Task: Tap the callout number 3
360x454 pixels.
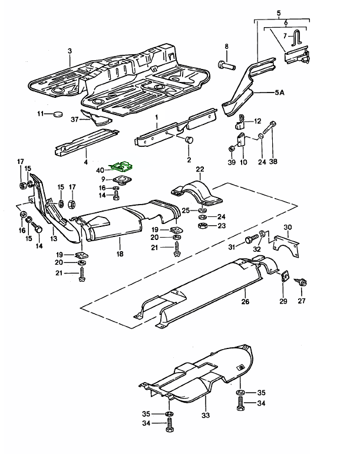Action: tap(69, 51)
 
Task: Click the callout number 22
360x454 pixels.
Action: tap(200, 169)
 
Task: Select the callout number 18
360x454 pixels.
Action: tap(120, 254)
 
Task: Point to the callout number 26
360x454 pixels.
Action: tap(245, 302)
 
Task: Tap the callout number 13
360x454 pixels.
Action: tap(54, 239)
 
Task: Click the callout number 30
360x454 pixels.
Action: tap(288, 228)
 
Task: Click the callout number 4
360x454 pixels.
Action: tap(85, 161)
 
